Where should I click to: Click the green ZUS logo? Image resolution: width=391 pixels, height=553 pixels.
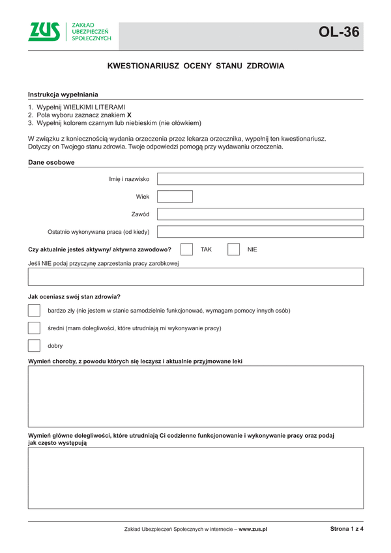coord(44,31)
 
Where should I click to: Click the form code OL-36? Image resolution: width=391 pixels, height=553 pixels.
coord(339,32)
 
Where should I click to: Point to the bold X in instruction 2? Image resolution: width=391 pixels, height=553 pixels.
coord(129,115)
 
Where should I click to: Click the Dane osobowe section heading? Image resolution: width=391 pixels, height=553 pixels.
coord(51,162)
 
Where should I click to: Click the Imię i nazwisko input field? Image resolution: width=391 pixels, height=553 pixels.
coord(261,179)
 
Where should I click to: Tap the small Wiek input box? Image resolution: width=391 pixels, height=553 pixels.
coord(175,196)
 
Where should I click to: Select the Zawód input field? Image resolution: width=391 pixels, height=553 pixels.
coord(261,214)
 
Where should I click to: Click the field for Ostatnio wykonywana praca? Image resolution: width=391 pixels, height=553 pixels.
coord(261,231)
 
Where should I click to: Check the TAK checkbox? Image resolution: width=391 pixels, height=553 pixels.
coord(186,249)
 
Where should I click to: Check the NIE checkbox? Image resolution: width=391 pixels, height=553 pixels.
coord(234,249)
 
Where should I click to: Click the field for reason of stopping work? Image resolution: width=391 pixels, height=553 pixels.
coord(195,277)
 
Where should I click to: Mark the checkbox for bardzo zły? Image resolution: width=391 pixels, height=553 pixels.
coord(35,311)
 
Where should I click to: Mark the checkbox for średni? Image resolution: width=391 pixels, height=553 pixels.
coord(35,328)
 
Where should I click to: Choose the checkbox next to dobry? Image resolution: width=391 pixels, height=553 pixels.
coord(35,346)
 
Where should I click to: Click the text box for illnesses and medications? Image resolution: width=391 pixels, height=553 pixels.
coord(195,396)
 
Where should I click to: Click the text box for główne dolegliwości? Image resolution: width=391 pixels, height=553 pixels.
coord(195,477)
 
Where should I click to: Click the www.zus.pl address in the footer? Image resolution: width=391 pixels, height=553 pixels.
coord(253,530)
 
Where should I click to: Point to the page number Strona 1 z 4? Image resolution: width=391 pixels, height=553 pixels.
coord(347,529)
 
